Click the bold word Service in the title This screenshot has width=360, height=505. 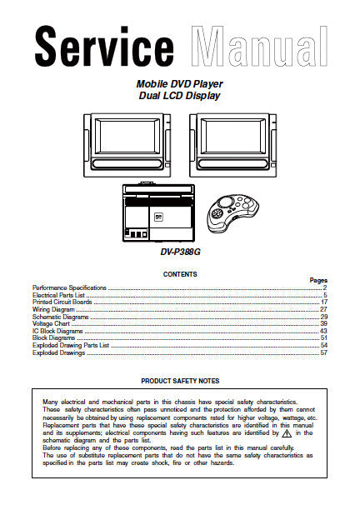click(x=104, y=47)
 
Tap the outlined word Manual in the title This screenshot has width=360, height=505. click(x=259, y=47)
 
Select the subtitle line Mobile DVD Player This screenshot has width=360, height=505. click(x=180, y=84)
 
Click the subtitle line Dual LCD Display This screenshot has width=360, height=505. click(x=180, y=96)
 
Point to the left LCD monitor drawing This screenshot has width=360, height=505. click(x=127, y=145)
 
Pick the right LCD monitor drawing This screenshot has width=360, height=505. click(x=232, y=145)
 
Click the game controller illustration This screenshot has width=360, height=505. click(x=233, y=213)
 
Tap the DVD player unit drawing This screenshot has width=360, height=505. click(x=158, y=212)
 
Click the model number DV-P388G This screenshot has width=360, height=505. click(x=180, y=252)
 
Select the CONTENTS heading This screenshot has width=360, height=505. click(x=180, y=274)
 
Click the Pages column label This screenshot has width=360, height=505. click(x=318, y=281)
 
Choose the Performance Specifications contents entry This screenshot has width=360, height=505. click(x=69, y=288)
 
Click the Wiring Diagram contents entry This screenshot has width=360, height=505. click(x=53, y=309)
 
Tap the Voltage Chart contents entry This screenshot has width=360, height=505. click(x=51, y=323)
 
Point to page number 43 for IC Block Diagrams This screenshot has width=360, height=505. click(x=323, y=331)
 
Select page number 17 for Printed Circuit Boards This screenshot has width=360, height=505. click(x=324, y=302)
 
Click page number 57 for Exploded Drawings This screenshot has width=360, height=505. click(x=323, y=352)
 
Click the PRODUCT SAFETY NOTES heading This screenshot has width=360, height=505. click(x=180, y=381)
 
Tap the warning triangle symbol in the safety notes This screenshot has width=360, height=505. click(x=287, y=433)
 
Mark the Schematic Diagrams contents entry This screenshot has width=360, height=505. click(x=61, y=317)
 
